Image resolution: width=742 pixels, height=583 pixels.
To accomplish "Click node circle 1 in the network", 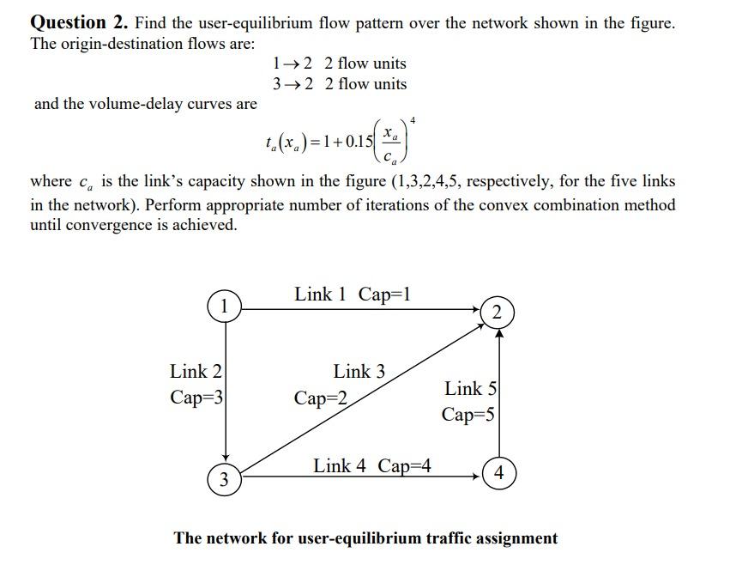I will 223,306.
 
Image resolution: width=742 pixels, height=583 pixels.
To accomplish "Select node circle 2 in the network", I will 498,313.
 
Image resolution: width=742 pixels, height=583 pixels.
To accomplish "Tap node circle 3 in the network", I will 224,479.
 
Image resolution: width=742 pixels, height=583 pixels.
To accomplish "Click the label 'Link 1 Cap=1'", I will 353,295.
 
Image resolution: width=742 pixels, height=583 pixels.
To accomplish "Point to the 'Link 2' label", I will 196,372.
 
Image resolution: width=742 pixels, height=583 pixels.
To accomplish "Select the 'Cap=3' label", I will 196,398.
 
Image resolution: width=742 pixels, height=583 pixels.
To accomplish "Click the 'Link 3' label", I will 359,372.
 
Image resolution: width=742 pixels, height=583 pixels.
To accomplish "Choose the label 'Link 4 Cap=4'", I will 371,466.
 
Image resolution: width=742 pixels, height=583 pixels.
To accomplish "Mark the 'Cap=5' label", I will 468,415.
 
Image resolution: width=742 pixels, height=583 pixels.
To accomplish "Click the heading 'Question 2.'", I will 79,23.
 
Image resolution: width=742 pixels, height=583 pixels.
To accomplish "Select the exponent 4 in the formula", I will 413,118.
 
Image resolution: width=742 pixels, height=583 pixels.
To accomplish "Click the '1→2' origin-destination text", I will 291,64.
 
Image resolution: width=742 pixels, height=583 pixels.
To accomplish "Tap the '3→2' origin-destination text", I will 291,84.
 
